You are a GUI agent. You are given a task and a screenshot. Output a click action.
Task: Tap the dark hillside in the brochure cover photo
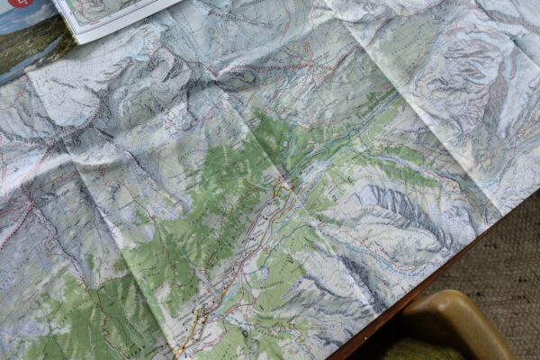(x=27, y=49)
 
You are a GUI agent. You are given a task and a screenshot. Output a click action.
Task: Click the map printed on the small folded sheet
(x=117, y=11)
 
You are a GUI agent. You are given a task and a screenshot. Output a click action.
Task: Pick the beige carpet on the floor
(x=504, y=270)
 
